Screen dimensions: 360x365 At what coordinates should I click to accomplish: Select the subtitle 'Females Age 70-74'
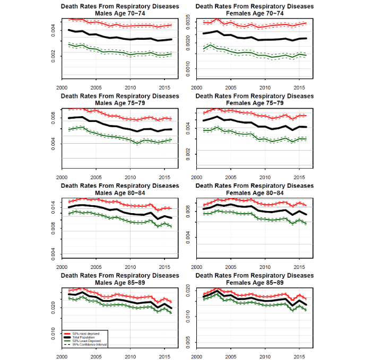(x=254, y=13)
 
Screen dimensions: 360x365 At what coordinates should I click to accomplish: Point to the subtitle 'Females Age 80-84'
(x=254, y=192)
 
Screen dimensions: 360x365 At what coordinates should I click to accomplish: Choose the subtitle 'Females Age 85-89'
(x=254, y=283)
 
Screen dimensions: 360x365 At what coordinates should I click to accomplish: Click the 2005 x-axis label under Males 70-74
(x=95, y=88)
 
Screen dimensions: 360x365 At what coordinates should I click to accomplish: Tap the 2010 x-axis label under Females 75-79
(x=265, y=178)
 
